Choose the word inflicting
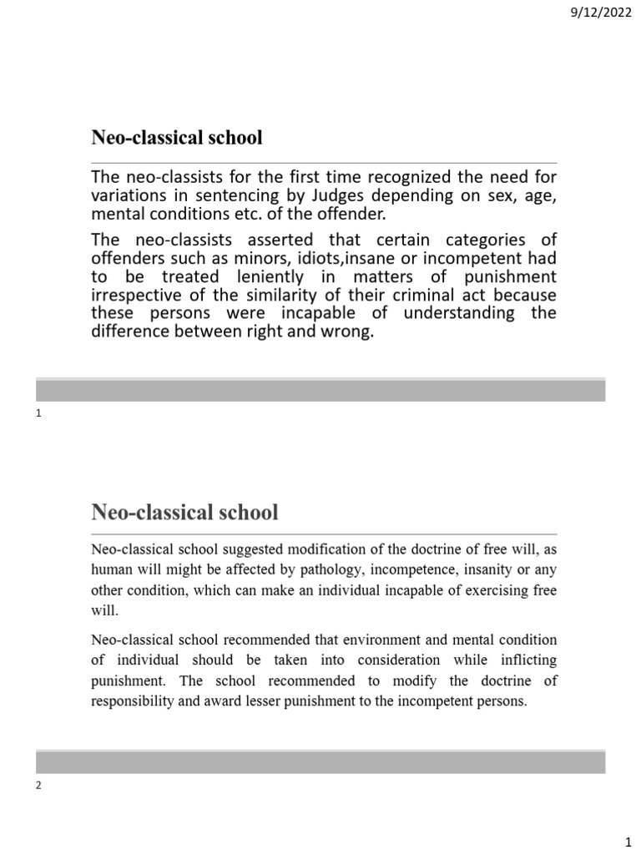528,660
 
